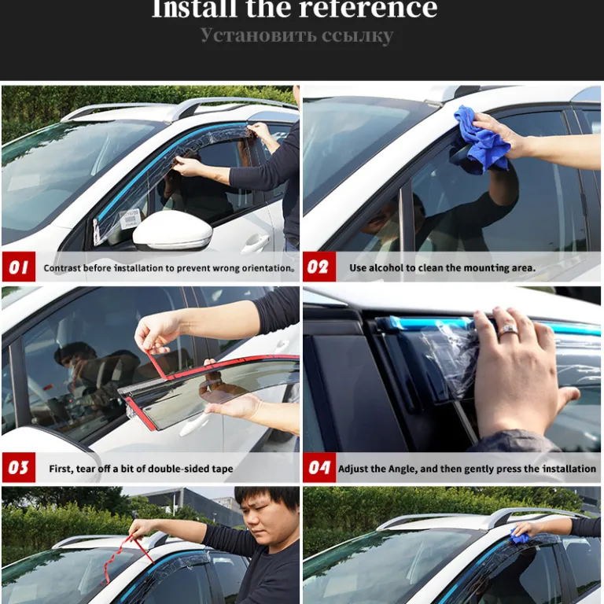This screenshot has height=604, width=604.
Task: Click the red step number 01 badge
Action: [19, 267]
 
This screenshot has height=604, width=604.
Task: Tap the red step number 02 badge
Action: [319, 267]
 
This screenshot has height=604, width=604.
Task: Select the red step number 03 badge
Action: [19, 467]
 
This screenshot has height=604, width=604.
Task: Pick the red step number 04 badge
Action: [319, 467]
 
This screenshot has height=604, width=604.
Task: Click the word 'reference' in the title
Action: [368, 9]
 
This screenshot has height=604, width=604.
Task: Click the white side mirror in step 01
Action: [172, 230]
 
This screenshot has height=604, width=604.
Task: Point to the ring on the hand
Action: [508, 330]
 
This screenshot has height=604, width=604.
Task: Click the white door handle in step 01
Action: [255, 242]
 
